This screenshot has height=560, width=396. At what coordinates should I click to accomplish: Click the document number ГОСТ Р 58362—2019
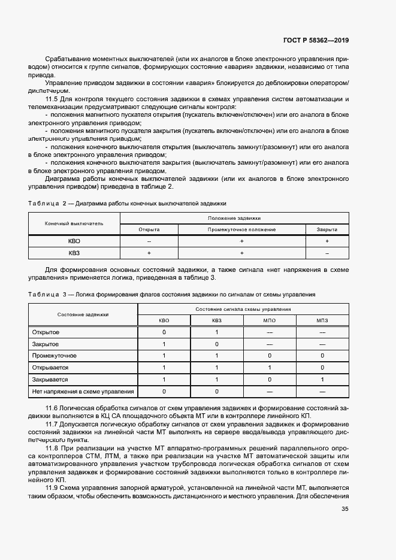click(x=315, y=40)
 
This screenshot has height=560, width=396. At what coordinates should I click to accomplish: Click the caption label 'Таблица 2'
click(x=47, y=204)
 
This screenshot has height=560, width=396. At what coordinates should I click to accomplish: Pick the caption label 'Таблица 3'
click(x=47, y=295)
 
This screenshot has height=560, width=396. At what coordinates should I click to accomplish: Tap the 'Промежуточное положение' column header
click(x=241, y=229)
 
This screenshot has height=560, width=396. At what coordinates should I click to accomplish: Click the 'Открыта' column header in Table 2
click(x=149, y=229)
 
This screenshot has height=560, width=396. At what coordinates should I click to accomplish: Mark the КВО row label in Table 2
click(x=74, y=241)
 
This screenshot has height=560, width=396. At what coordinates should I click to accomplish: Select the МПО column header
click(x=270, y=320)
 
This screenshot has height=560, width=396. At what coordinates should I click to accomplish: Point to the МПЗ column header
click(x=322, y=320)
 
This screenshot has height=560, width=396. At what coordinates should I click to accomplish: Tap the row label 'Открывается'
click(x=50, y=368)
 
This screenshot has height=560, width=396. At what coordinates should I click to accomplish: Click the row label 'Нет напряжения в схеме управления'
click(x=83, y=392)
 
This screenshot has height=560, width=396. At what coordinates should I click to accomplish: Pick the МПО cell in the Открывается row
click(x=270, y=368)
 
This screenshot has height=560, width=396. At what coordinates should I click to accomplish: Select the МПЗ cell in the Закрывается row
click(x=322, y=380)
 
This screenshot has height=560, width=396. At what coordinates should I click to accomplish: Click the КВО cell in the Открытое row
click(x=164, y=332)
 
